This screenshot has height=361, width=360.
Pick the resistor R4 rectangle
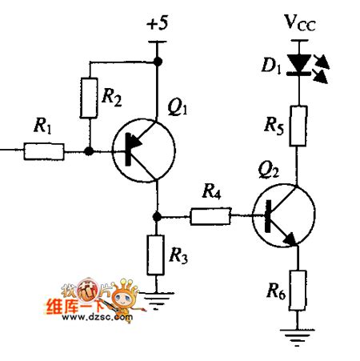coord(210,215)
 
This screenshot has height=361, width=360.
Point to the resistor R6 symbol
coord(297,290)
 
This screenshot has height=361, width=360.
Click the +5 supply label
coord(158,25)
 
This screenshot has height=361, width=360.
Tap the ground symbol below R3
coord(157,301)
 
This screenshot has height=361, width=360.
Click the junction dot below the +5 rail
coord(158,61)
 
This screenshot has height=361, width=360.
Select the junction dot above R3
coord(158,215)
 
